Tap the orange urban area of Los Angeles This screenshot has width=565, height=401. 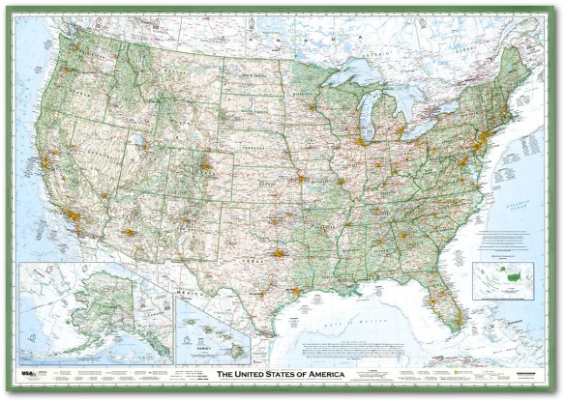[73, 214]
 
